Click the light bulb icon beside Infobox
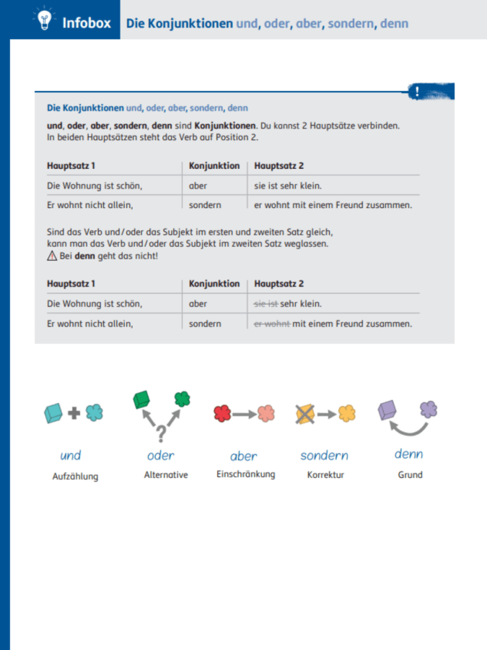43,21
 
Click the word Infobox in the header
87,23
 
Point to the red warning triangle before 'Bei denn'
51,256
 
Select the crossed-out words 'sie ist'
266,304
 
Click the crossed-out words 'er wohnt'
272,324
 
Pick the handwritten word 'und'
71,455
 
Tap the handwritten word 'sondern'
325,456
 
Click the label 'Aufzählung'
75,477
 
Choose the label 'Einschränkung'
245,474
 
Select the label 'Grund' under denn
410,475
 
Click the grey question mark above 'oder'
161,434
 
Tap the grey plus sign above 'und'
74,414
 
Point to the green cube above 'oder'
141,399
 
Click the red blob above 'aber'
221,414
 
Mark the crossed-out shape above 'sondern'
304,414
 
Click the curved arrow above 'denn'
410,429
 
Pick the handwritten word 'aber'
244,456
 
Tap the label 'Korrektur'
325,476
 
